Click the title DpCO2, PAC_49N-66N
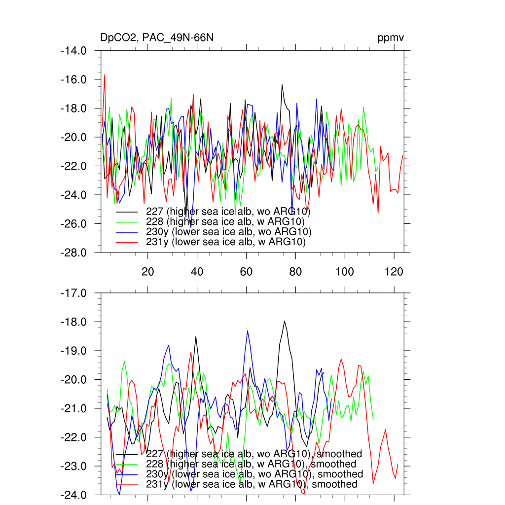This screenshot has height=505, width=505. coord(157,38)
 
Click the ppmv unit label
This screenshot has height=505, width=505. coord(391,38)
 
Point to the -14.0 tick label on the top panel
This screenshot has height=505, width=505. coord(73,50)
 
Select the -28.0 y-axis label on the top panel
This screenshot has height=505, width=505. coord(73,252)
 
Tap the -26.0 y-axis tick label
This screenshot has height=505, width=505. coord(73,223)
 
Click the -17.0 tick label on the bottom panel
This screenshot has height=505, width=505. coord(73,293)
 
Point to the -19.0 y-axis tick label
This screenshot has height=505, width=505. coord(73,351)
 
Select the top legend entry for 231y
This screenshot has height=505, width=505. coord(226,242)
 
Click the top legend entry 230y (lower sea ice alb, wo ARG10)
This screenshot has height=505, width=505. coord(229,232)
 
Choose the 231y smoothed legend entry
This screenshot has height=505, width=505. coord(252,484)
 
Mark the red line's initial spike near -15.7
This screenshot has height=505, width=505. coord(105,75)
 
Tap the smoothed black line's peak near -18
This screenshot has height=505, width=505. coord(285,321)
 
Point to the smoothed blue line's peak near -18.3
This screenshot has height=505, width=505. coord(248,331)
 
